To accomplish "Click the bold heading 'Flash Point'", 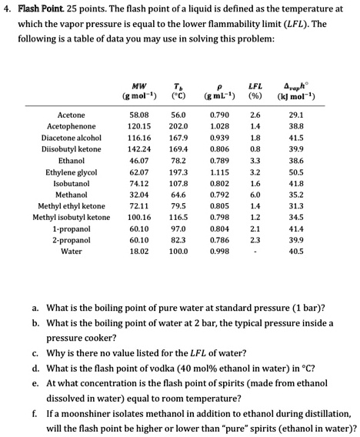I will [39, 9].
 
